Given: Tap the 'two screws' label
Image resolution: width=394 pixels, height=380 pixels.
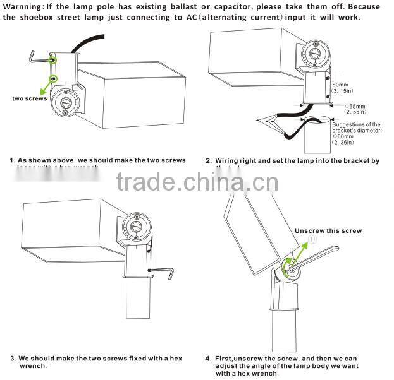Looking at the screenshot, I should pyautogui.click(x=29, y=98).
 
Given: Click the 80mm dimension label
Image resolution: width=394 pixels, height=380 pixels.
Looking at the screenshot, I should pyautogui.click(x=340, y=84).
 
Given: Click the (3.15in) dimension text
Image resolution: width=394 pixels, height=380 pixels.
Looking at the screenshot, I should pyautogui.click(x=344, y=92).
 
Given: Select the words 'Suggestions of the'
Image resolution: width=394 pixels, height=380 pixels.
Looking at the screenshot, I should pyautogui.click(x=356, y=125).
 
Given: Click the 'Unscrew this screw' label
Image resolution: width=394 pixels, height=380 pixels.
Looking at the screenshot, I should pyautogui.click(x=328, y=231).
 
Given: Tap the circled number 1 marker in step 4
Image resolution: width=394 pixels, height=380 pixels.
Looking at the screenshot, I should pyautogui.click(x=312, y=240).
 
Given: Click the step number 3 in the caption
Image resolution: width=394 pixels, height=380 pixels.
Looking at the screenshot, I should pyautogui.click(x=12, y=359).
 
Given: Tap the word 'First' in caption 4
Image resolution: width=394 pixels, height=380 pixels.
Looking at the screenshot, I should pyautogui.click(x=226, y=359).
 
